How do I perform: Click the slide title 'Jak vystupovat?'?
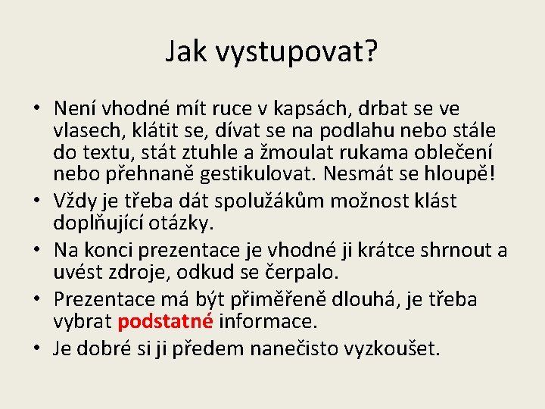click(x=272, y=52)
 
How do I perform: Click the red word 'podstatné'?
click(x=165, y=321)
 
